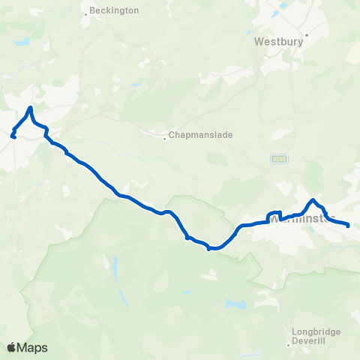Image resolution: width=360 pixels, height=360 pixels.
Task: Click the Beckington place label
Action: [x=114, y=11]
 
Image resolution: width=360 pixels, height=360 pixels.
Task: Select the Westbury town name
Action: [x=278, y=42]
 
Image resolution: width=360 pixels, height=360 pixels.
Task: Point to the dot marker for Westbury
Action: [x=305, y=34]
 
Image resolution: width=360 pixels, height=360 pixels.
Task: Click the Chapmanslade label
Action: [x=201, y=135]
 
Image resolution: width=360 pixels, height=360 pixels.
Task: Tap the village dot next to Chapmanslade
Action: [x=165, y=137]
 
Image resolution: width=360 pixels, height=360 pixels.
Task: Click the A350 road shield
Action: [x=280, y=158]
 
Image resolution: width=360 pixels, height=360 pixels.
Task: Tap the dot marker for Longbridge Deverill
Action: [x=289, y=346]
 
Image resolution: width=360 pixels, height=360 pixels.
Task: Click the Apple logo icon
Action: [x=11, y=347]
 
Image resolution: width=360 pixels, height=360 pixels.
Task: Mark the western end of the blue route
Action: [x=13, y=136]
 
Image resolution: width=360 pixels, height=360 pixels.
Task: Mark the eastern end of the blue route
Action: [x=349, y=223]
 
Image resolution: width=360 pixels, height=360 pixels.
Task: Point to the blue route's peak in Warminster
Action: [x=313, y=199]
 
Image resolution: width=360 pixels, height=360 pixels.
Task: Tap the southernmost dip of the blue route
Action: [x=212, y=247]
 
